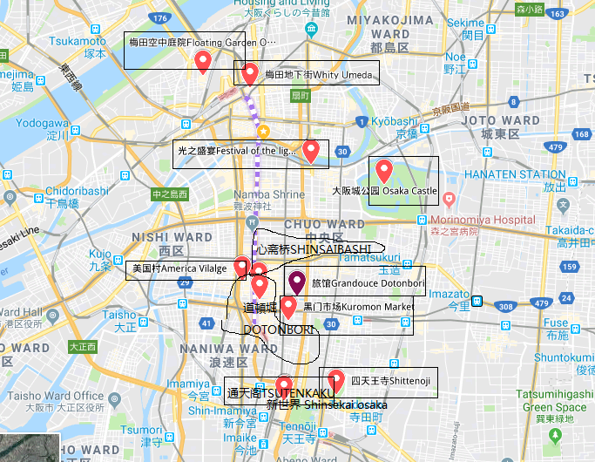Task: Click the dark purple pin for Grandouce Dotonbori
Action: tap(297, 282)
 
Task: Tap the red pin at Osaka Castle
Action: tap(383, 168)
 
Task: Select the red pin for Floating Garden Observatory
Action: tap(203, 60)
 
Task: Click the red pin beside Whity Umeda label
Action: tap(250, 73)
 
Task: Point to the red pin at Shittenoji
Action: tap(334, 379)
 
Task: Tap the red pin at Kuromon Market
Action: tap(288, 306)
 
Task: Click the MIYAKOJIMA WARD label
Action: tap(389, 20)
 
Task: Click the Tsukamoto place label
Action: tap(78, 41)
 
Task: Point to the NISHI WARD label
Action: tap(171, 237)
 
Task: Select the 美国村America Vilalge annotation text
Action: tap(179, 268)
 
